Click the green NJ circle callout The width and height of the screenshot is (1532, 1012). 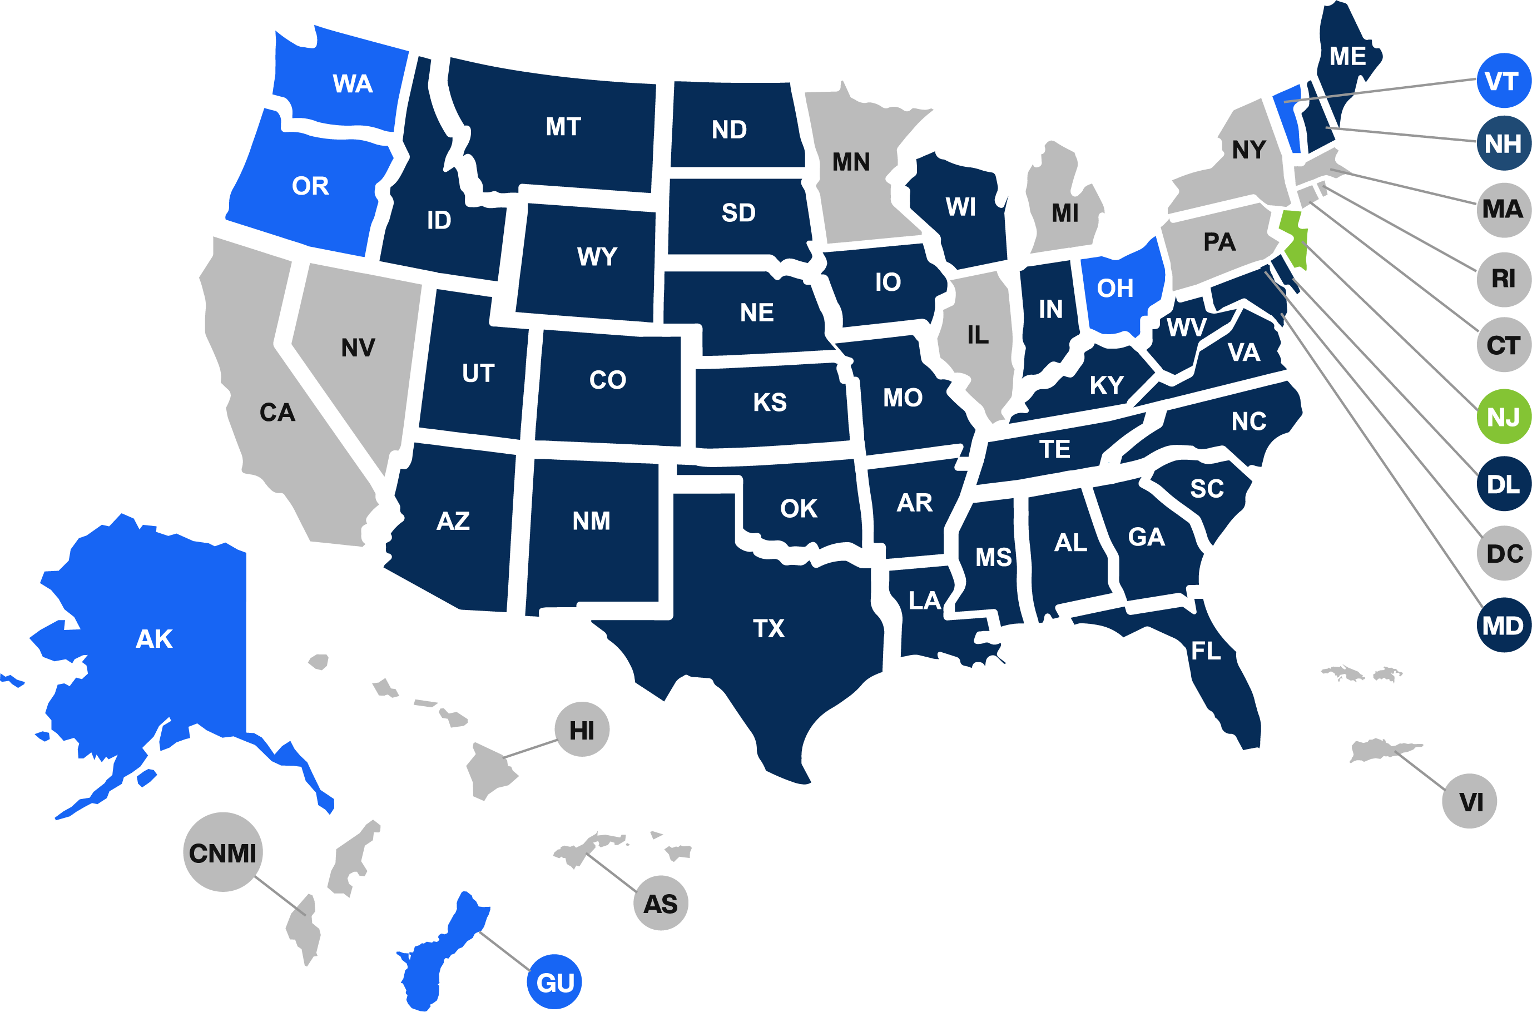[x=1504, y=416]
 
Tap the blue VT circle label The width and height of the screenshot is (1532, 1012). [x=1504, y=81]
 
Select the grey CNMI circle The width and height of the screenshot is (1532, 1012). [x=222, y=852]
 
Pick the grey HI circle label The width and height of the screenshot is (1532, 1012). [x=582, y=730]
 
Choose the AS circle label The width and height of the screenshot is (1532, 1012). [x=661, y=904]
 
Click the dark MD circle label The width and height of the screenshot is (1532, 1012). [x=1504, y=626]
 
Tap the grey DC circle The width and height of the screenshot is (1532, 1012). [x=1504, y=553]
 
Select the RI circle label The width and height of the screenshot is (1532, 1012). [x=1504, y=279]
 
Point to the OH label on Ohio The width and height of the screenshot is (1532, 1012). [x=1115, y=289]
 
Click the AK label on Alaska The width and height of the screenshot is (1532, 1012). [x=154, y=639]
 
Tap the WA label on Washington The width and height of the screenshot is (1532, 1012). [x=353, y=84]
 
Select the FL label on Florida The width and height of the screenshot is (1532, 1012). [x=1206, y=651]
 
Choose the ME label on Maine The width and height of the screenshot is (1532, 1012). [x=1347, y=57]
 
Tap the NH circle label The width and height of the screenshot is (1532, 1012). [x=1504, y=143]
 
